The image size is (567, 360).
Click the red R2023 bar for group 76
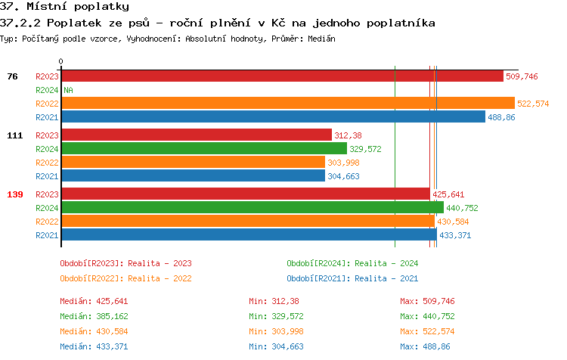[281, 76]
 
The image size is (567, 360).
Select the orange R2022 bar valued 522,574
[287, 104]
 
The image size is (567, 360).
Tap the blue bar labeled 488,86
[273, 117]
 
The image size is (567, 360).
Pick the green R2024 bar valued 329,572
[203, 149]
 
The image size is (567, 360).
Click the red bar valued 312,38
[196, 135]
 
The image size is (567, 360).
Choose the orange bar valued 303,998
[193, 163]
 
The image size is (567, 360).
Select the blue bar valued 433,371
[249, 235]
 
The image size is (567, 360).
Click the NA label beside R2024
[68, 90]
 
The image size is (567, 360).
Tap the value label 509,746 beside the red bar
[522, 76]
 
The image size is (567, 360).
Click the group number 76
[12, 76]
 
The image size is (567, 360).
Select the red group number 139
[15, 194]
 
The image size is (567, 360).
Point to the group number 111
[15, 135]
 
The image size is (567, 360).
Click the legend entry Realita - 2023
[125, 263]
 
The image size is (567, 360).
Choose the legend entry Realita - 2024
[352, 263]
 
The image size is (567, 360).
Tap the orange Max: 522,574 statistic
[427, 331]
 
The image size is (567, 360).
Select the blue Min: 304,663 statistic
[276, 346]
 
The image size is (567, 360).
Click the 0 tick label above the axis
[61, 61]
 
